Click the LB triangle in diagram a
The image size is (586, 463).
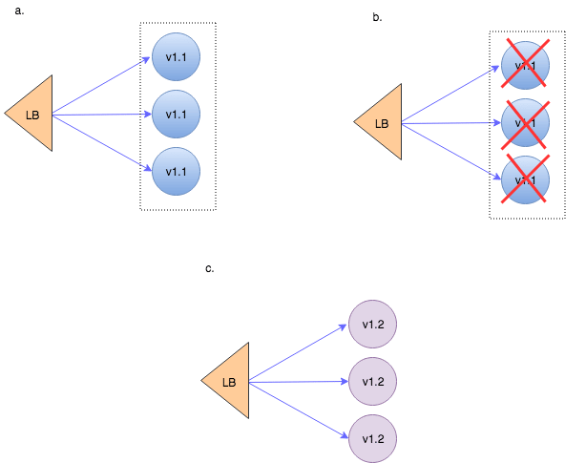[34, 115]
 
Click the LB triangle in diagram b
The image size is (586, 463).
[384, 122]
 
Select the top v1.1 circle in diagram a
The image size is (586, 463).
[176, 57]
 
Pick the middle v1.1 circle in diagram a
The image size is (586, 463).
[176, 115]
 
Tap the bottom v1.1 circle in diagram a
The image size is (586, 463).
[176, 171]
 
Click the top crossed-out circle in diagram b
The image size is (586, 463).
[525, 65]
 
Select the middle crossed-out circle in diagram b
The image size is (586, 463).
[525, 122]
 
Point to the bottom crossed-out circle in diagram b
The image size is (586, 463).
[525, 179]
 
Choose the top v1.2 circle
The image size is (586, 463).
[373, 325]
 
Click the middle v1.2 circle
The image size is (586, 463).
[373, 382]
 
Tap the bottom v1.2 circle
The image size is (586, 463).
[373, 439]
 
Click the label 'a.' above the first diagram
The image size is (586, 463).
[20, 11]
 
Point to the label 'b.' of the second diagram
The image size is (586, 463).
[378, 17]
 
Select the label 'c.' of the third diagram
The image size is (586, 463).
[210, 268]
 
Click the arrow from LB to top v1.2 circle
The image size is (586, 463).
[298, 353]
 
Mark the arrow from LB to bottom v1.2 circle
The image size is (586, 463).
[298, 410]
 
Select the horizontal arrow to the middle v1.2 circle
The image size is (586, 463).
[298, 382]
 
